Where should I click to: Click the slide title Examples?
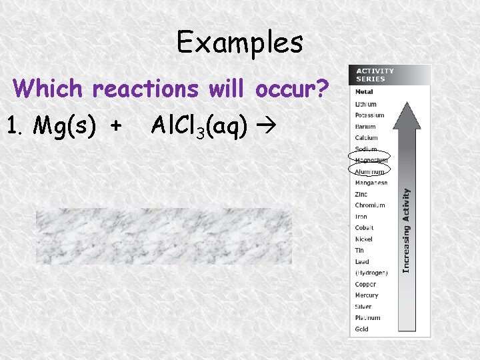click(239, 43)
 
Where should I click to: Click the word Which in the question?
click(51, 88)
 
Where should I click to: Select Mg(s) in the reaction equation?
click(64, 124)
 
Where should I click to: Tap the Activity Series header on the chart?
click(375, 75)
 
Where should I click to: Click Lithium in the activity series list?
click(366, 104)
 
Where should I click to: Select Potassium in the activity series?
click(369, 115)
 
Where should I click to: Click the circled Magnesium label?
click(371, 160)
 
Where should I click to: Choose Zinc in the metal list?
click(361, 194)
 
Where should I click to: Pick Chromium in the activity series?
click(370, 205)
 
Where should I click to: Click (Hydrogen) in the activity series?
click(371, 273)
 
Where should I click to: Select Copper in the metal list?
click(365, 284)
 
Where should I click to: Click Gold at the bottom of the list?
click(361, 329)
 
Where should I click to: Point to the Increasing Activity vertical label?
click(406, 229)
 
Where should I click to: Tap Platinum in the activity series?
click(367, 318)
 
